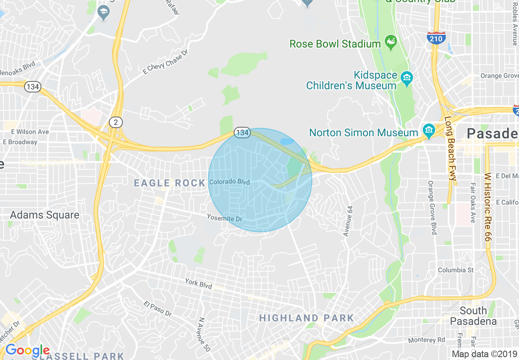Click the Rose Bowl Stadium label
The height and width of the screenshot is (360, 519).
click(x=335, y=44)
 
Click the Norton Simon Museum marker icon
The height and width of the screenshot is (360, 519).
click(x=429, y=130)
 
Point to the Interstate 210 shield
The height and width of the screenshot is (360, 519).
click(x=436, y=38)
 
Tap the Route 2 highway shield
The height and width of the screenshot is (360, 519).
click(x=115, y=122)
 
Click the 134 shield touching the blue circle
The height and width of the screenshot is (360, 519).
click(x=242, y=133)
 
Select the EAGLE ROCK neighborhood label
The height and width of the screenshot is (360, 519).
click(x=169, y=183)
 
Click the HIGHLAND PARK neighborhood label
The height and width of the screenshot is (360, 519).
click(x=307, y=318)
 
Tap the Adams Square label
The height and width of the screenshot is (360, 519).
click(x=45, y=215)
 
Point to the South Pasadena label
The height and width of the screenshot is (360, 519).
click(x=473, y=316)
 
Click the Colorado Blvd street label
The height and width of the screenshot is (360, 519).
click(x=229, y=182)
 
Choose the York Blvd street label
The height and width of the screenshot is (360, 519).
click(x=199, y=284)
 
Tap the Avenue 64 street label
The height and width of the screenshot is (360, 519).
click(x=348, y=221)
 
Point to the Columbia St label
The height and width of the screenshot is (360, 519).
click(x=456, y=270)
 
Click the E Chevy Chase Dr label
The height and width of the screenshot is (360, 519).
click(x=165, y=62)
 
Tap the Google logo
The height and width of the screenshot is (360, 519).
click(x=27, y=350)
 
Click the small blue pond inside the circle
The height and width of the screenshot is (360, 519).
click(x=287, y=142)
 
